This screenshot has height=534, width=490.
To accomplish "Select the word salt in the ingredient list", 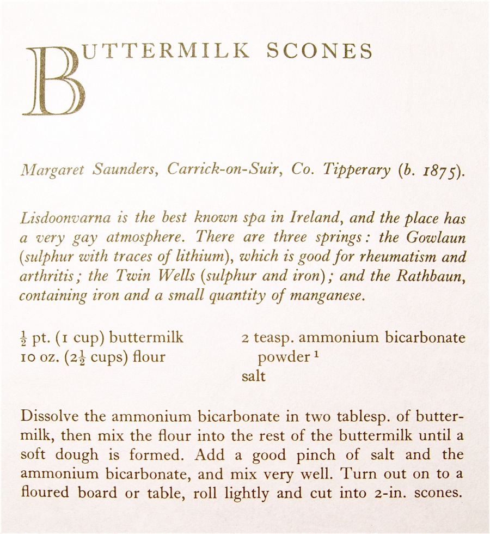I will [254, 376].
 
